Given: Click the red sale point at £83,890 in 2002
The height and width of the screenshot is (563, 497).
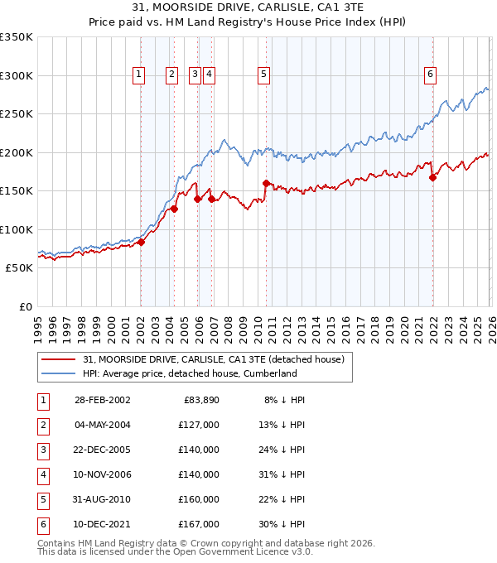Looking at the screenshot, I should [141, 242].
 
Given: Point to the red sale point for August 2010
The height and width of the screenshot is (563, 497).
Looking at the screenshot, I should [266, 183].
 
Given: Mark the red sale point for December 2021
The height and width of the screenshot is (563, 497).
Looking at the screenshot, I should [433, 177].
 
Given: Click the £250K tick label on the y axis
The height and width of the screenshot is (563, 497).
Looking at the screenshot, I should [16, 114].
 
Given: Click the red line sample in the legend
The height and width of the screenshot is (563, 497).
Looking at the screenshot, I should [59, 358].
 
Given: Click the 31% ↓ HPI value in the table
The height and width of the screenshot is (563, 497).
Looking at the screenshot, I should [284, 474].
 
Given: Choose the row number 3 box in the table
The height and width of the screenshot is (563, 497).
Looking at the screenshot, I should [41, 450].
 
